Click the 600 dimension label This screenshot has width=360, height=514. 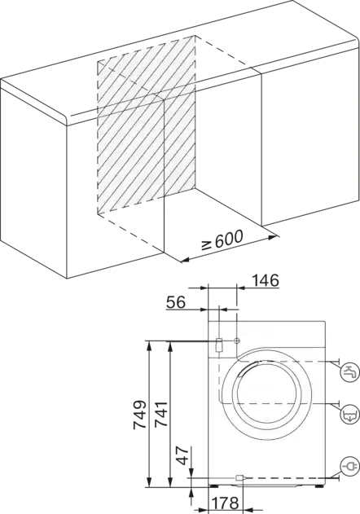[x=229, y=239]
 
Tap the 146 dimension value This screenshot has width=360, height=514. [x=266, y=280]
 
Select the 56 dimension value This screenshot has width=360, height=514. [x=176, y=302]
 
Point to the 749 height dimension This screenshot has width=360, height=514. [x=139, y=415]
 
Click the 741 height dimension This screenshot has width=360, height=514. [x=161, y=415]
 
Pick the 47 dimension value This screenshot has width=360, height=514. [x=183, y=455]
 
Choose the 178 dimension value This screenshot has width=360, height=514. [x=225, y=503]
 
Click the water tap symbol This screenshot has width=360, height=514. [x=350, y=371]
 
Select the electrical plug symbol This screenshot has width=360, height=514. [x=350, y=466]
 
